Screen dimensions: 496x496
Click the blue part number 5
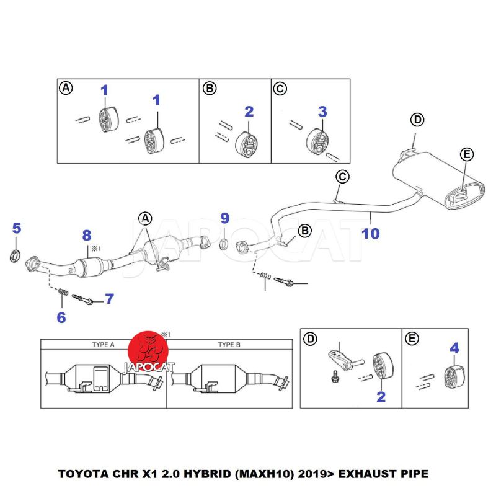pos(17,228)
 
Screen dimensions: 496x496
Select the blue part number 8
pos(87,235)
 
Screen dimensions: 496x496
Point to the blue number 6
pos(61,318)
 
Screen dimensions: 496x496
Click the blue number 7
pos(109,299)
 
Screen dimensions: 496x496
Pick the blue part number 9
pos(224,218)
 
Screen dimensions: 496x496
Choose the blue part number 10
pos(371,233)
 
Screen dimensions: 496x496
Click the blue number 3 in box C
pos(322,112)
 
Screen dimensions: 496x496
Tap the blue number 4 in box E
pos(454,348)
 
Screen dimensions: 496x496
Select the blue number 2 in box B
pos(249,112)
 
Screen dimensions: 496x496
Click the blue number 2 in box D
pos(381,397)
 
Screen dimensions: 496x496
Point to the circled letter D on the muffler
pos(417,120)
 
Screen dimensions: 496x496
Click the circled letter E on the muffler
pos(466,154)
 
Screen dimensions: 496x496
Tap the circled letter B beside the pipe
pos(305,231)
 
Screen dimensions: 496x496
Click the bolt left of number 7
pos(84,299)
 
